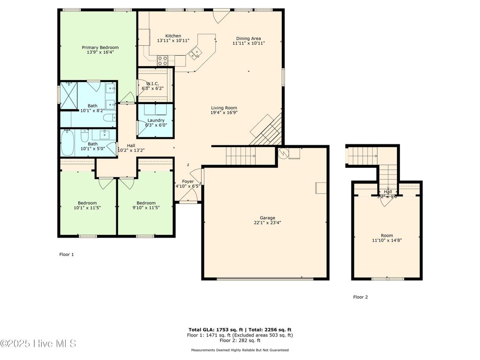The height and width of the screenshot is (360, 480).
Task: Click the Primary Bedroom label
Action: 100,47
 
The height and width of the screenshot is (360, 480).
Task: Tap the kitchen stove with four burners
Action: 163,60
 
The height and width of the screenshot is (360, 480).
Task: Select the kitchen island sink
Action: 194,54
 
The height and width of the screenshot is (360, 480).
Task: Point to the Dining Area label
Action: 248,38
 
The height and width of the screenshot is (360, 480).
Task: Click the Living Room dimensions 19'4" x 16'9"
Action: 224,112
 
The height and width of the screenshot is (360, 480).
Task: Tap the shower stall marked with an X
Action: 69,96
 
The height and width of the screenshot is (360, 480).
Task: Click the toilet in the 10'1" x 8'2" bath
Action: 110,118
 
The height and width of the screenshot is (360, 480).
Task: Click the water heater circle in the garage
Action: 283,153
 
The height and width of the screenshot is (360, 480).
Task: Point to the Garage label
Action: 267,217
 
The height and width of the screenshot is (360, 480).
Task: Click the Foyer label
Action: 187,181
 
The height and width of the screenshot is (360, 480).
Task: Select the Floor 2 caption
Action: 360,297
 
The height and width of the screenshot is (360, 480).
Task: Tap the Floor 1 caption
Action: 66,255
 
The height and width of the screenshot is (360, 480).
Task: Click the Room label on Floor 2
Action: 387,235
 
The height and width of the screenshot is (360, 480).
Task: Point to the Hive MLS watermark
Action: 38,344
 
